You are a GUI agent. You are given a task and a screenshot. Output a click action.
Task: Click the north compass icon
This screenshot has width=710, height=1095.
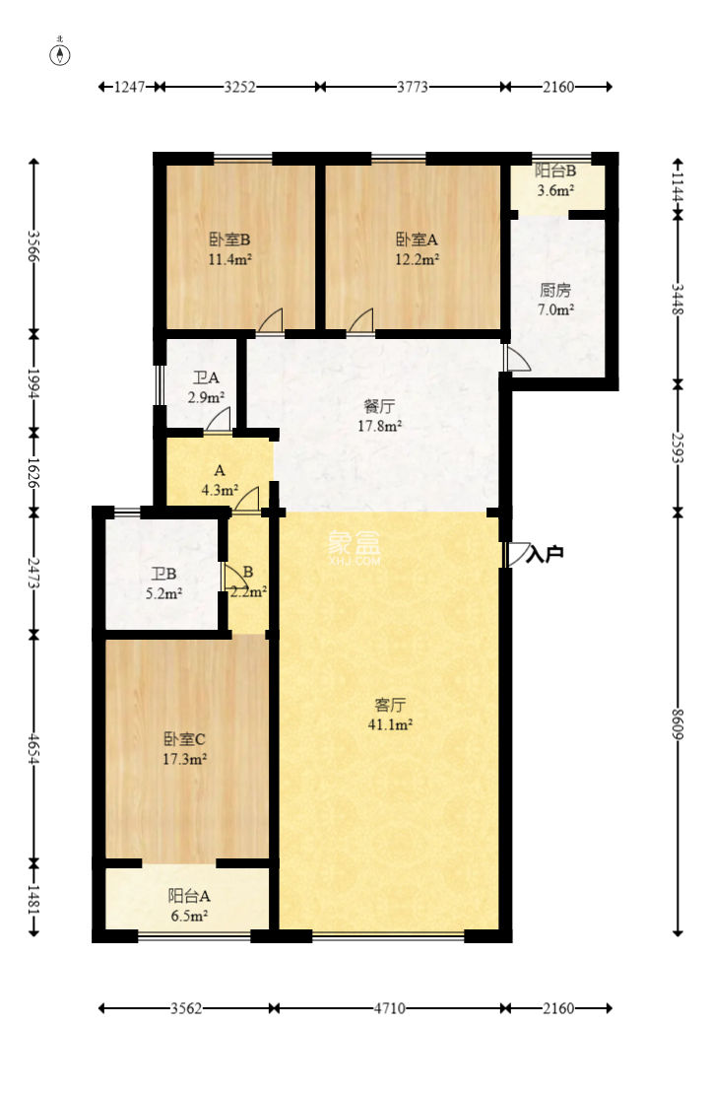61,53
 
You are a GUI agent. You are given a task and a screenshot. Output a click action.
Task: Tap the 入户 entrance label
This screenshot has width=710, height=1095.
545,555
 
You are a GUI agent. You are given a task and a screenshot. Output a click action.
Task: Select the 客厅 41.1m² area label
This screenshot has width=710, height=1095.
390,715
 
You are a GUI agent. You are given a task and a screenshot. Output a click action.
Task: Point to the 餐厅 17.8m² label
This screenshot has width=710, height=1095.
379,416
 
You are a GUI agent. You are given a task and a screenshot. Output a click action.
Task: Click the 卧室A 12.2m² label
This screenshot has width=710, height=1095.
418,249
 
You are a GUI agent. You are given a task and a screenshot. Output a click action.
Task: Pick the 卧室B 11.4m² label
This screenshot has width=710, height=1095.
230,249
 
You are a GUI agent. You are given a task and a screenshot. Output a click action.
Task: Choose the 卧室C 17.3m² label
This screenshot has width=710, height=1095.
184,749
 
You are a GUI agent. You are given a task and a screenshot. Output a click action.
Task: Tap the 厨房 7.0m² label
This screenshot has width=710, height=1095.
555,300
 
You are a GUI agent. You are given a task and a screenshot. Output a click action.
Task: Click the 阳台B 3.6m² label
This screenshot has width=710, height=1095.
555,180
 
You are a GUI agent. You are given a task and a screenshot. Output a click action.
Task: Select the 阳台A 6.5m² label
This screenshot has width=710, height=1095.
189,906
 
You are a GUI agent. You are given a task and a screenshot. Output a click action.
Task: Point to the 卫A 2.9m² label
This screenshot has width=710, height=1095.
206,387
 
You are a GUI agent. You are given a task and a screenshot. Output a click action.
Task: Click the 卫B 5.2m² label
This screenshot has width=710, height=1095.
163,583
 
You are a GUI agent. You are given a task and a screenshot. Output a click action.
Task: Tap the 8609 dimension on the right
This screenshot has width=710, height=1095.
678,723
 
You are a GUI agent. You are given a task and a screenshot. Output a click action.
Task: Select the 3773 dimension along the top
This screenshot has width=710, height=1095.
413,87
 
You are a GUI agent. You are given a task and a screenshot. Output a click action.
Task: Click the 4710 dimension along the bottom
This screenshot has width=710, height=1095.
389,1008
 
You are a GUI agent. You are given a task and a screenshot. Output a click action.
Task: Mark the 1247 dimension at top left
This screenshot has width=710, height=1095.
129,87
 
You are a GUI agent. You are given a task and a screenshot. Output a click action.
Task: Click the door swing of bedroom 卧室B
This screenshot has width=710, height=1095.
270,320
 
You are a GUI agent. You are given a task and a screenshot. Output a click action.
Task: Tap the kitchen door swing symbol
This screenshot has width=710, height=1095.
518,358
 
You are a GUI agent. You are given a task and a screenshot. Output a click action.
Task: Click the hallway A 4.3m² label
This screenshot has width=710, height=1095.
220,480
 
